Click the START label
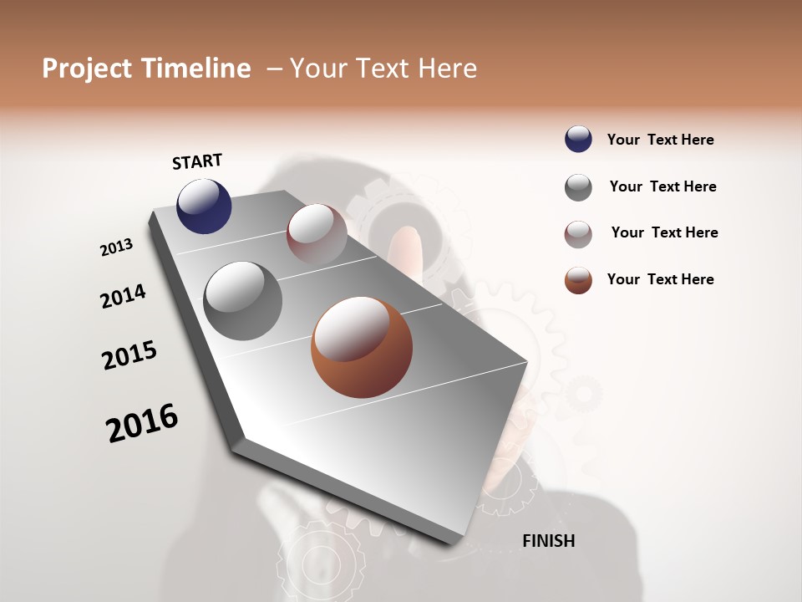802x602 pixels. click(x=197, y=161)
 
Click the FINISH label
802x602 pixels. click(x=548, y=541)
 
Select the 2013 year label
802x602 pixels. click(x=117, y=247)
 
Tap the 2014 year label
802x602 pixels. click(x=124, y=297)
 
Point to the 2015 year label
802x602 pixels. click(x=129, y=355)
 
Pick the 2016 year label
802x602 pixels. click(x=142, y=422)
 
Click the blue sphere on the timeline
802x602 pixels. click(x=204, y=206)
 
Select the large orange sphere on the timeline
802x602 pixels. click(x=361, y=348)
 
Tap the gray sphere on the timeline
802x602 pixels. click(x=242, y=301)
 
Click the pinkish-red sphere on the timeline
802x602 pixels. click(x=317, y=234)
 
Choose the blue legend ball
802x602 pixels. click(x=578, y=140)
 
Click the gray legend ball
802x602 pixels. click(x=578, y=187)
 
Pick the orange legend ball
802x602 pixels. click(x=578, y=280)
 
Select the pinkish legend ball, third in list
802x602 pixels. click(x=578, y=234)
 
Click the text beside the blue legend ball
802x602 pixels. click(x=660, y=140)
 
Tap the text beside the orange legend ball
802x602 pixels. click(x=660, y=279)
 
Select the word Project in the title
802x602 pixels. click(x=85, y=69)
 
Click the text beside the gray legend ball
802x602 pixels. click(x=662, y=186)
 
